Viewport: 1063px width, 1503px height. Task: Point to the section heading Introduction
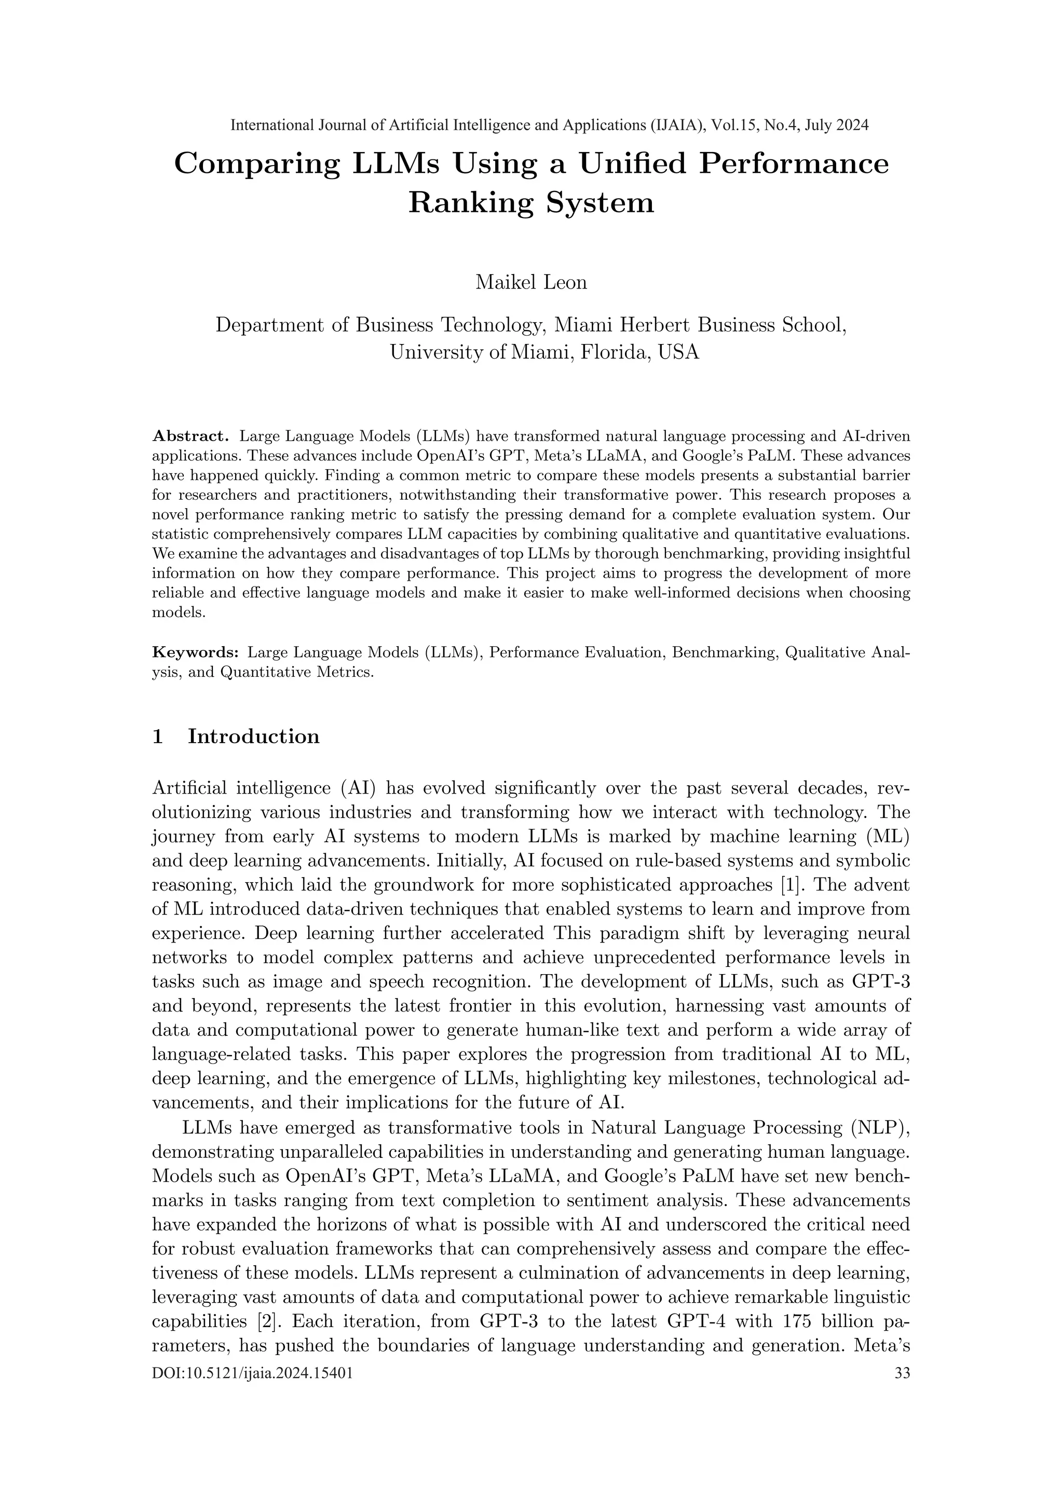point(254,736)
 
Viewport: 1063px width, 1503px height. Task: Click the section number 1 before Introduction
point(157,736)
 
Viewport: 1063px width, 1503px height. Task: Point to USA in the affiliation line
point(679,352)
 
